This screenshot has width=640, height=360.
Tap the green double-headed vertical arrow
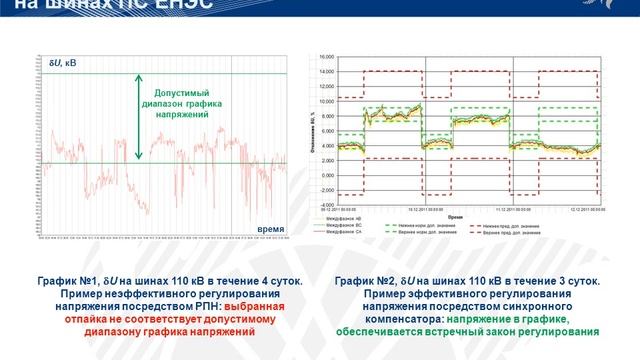click(140, 118)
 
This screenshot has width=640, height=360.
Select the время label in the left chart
click(271, 229)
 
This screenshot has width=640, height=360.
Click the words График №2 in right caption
click(365, 283)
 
